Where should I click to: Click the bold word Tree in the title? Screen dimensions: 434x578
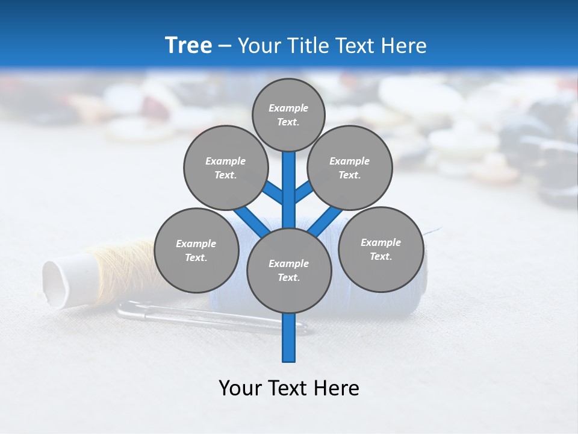[x=188, y=46]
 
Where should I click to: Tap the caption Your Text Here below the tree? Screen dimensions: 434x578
[x=288, y=388]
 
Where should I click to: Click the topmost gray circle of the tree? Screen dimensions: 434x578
[x=288, y=115]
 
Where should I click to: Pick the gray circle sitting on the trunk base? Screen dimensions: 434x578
[x=289, y=271]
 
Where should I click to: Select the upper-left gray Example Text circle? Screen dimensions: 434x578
[x=226, y=168]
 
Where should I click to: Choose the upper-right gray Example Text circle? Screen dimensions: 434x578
[x=350, y=168]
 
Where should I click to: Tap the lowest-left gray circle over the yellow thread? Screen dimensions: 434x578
[x=196, y=251]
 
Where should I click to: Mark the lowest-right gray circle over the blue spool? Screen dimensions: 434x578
[x=381, y=250]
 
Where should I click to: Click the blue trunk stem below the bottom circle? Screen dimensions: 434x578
[x=289, y=338]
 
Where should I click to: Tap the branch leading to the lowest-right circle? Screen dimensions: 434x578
[x=326, y=221]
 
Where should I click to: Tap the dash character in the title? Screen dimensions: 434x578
[x=225, y=46]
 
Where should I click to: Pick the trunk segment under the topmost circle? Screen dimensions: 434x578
[x=289, y=181]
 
